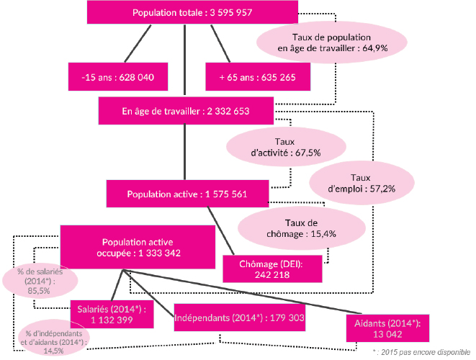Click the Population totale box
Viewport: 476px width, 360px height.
[192, 12]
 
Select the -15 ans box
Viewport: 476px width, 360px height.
[118, 77]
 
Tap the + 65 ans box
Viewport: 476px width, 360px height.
[258, 77]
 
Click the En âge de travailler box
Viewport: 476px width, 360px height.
[186, 111]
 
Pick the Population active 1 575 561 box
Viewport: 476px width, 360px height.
[187, 194]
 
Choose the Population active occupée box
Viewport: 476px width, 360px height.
[138, 247]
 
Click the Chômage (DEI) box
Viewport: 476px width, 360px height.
[272, 269]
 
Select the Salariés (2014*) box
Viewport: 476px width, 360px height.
[112, 314]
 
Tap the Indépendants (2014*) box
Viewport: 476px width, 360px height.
[240, 318]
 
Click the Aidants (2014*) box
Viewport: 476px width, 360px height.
[387, 328]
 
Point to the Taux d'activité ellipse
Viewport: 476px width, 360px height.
[286, 147]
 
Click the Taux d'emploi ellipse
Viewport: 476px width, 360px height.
[362, 183]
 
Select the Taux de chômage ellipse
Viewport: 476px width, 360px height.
[302, 228]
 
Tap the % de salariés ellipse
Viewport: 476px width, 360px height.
[40, 281]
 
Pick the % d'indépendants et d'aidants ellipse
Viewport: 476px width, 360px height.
[54, 338]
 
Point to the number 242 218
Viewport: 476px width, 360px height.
[272, 275]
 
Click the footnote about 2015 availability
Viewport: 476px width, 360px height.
[421, 352]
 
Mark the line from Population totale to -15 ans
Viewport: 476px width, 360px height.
[138, 43]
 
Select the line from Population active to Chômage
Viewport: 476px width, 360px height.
[220, 230]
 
